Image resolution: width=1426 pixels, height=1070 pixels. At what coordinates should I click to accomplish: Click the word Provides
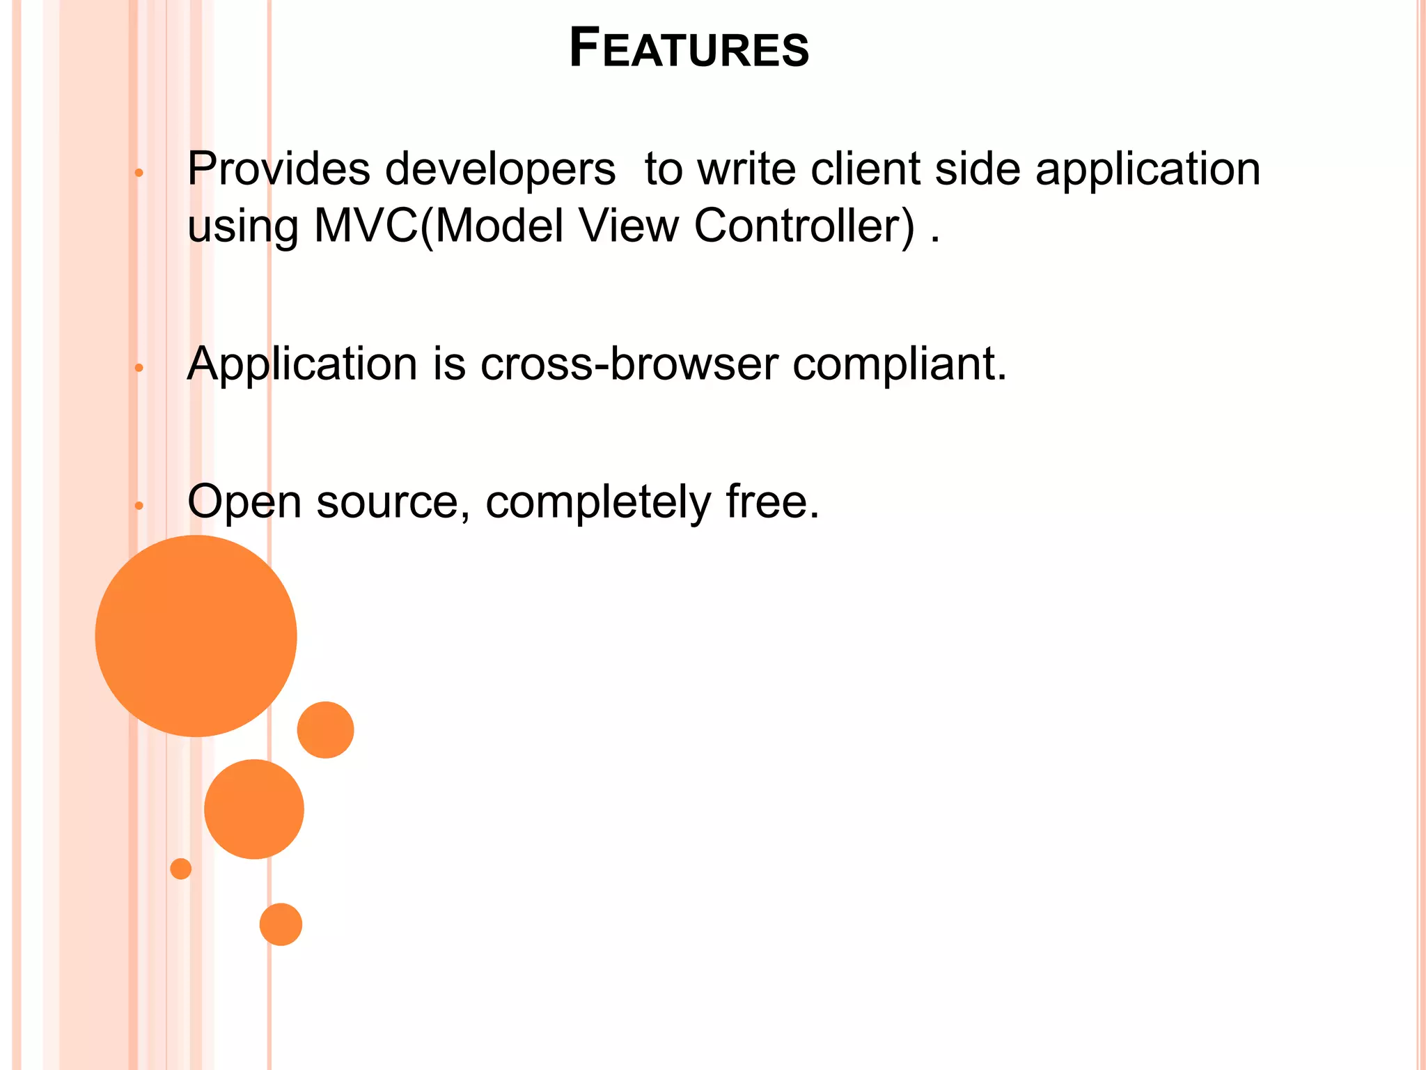(279, 169)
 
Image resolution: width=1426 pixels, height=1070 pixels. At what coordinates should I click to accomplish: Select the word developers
(500, 171)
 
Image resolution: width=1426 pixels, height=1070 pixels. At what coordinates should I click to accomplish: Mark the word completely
(598, 503)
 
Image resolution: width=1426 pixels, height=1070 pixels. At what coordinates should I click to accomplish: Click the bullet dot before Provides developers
(139, 173)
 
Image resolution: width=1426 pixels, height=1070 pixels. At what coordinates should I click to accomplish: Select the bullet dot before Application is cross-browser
(139, 367)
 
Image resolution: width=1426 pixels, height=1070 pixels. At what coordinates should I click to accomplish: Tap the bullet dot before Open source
(139, 506)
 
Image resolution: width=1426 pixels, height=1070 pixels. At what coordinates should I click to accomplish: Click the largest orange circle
(196, 636)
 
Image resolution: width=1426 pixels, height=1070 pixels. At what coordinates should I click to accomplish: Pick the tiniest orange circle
(181, 869)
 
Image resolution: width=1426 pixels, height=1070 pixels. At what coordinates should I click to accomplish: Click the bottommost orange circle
(281, 924)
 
